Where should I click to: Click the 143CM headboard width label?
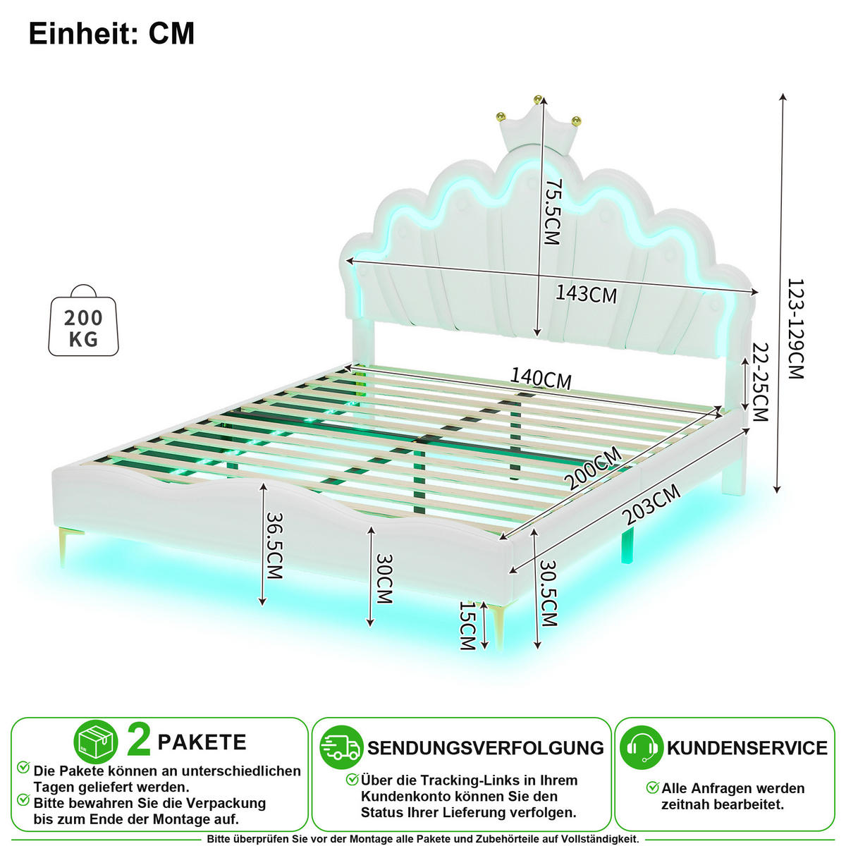click(x=586, y=294)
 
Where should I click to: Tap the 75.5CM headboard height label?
click(x=552, y=211)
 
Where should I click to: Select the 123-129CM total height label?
click(x=795, y=329)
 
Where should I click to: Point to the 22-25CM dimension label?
click(x=760, y=382)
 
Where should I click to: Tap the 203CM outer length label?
click(x=652, y=505)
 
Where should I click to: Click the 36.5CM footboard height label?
click(x=274, y=546)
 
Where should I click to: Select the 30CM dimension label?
click(x=384, y=579)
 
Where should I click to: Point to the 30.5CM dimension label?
click(x=548, y=593)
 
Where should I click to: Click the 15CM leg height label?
click(x=467, y=625)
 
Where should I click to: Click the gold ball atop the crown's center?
click(x=538, y=99)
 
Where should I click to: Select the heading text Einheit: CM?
click(x=111, y=33)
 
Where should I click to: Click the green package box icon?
click(x=96, y=742)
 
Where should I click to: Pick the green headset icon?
click(x=641, y=747)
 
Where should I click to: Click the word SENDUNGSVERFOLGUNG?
click(x=486, y=748)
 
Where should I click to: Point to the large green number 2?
click(x=138, y=741)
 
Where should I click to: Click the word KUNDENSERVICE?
click(x=747, y=748)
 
